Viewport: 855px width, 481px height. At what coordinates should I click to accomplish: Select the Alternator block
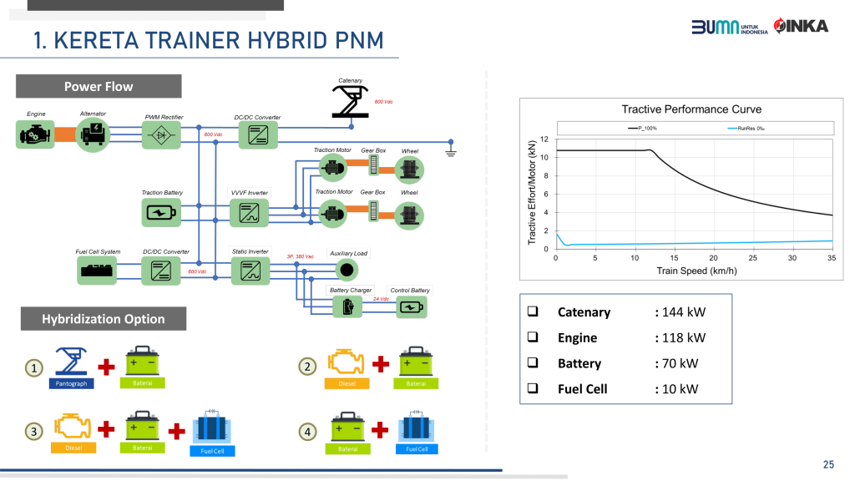pyautogui.click(x=93, y=134)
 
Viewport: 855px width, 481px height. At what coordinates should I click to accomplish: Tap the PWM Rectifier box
pyautogui.click(x=161, y=134)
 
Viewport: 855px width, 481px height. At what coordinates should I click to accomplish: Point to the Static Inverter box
pyautogui.click(x=250, y=270)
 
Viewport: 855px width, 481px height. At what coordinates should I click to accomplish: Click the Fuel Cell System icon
pyautogui.click(x=99, y=270)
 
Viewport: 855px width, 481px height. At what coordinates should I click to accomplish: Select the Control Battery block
pyautogui.click(x=409, y=306)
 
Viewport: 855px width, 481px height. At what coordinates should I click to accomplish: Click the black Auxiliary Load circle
pyautogui.click(x=348, y=270)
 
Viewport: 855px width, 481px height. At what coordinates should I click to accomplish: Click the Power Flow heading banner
pyautogui.click(x=99, y=86)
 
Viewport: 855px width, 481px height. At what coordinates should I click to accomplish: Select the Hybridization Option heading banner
pyautogui.click(x=104, y=319)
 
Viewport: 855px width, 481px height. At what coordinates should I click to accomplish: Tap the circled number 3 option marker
pyautogui.click(x=33, y=432)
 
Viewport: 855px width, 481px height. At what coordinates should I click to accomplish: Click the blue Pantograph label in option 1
pyautogui.click(x=71, y=383)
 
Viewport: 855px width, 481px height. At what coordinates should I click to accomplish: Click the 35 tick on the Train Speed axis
pyautogui.click(x=832, y=258)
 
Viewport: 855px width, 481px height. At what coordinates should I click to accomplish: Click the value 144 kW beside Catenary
pyautogui.click(x=684, y=312)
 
